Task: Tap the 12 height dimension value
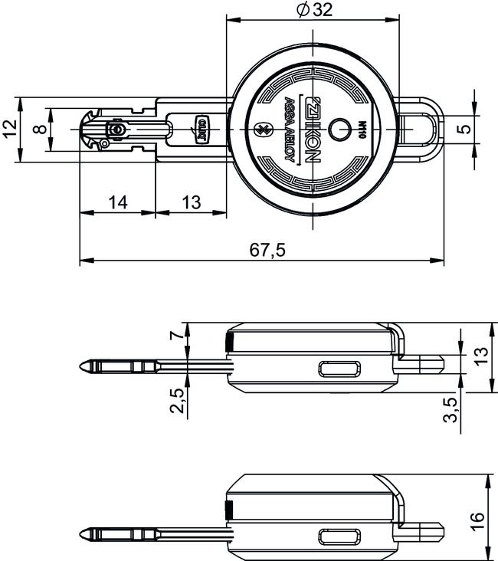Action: [9, 129]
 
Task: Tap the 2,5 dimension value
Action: [177, 401]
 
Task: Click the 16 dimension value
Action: [478, 519]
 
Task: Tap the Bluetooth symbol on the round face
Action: [259, 130]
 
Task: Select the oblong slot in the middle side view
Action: [340, 369]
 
